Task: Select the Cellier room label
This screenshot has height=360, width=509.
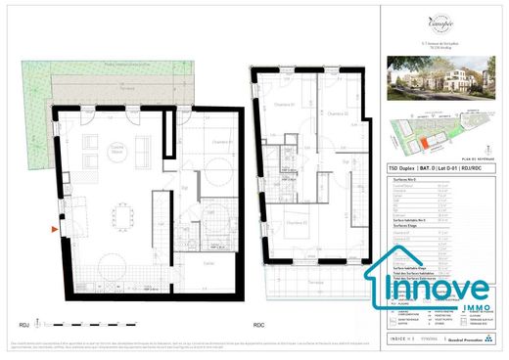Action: point(208,264)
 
